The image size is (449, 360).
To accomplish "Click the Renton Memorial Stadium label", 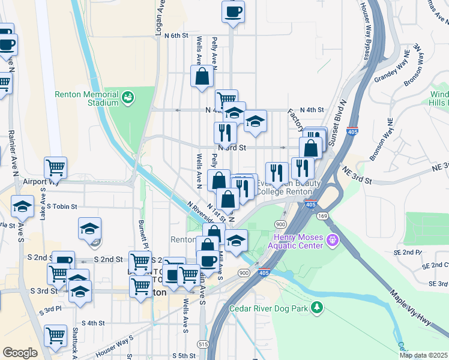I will [86, 98].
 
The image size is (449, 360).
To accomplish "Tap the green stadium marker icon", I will [127, 97].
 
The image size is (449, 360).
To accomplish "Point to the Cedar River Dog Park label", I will [268, 309].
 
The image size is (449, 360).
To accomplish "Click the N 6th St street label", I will [175, 36].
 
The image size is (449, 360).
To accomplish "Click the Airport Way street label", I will [41, 181].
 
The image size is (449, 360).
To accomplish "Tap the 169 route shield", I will [322, 214].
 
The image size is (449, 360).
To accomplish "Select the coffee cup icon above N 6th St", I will [233, 11].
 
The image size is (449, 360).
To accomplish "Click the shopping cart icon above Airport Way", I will [55, 167].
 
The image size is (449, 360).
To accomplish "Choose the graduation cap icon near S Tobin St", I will [22, 206].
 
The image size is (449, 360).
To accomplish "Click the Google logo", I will [20, 353].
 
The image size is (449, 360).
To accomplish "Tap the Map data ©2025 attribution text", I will [423, 355].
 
